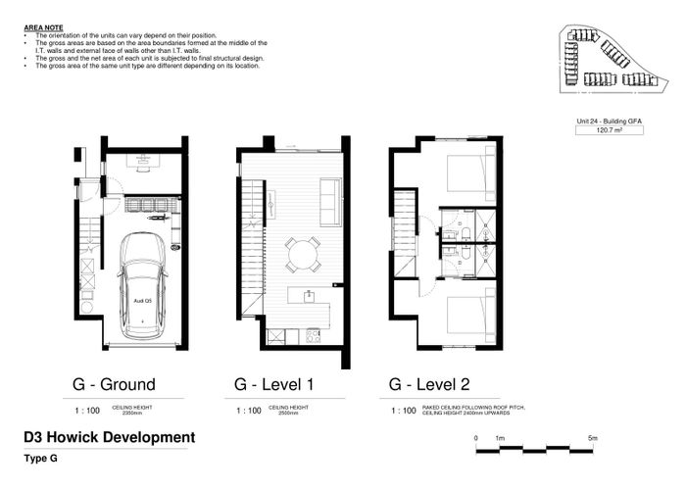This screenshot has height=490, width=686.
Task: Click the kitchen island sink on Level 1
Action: pos(309,295)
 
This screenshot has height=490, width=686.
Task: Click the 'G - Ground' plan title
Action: pos(114,383)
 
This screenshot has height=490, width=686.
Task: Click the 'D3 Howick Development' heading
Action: pos(107,436)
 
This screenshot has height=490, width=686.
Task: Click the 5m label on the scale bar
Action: pos(593,437)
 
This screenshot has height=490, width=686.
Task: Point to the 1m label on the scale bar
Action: pos(500,437)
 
